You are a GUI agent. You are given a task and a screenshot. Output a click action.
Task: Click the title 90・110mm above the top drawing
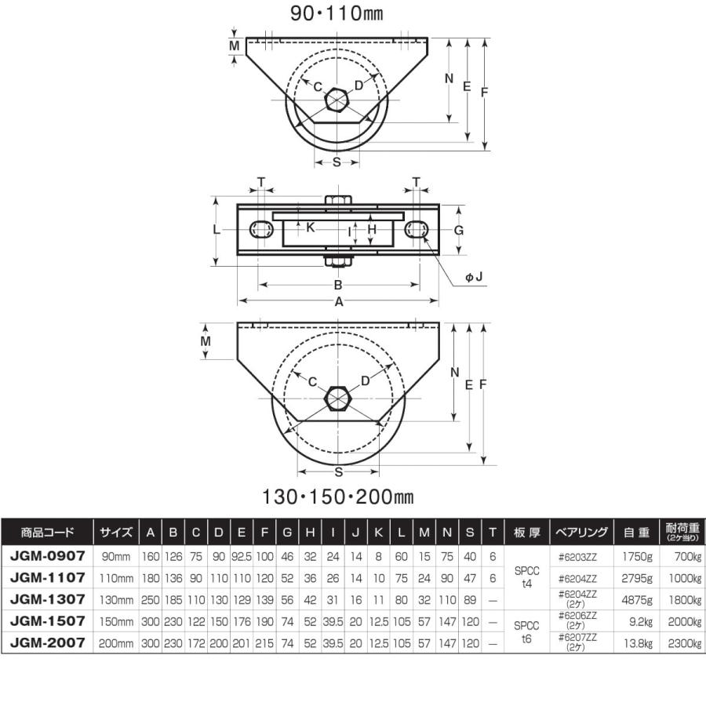tap(337, 13)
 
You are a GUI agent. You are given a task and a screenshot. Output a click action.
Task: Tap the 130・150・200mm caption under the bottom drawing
tap(337, 497)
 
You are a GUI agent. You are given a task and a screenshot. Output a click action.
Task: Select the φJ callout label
tap(474, 277)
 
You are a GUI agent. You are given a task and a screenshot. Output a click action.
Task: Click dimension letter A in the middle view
tap(339, 302)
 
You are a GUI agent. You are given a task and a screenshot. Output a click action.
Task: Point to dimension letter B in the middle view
tap(337, 285)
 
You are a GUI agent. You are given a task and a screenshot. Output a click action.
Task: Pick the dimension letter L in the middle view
tap(217, 230)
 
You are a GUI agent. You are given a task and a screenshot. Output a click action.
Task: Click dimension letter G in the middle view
tap(458, 231)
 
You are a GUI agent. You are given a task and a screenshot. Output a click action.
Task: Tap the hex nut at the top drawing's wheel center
tap(337, 100)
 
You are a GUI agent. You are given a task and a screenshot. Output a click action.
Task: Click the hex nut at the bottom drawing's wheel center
tap(338, 398)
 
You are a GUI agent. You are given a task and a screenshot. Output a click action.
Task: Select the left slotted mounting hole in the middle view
tap(261, 230)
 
